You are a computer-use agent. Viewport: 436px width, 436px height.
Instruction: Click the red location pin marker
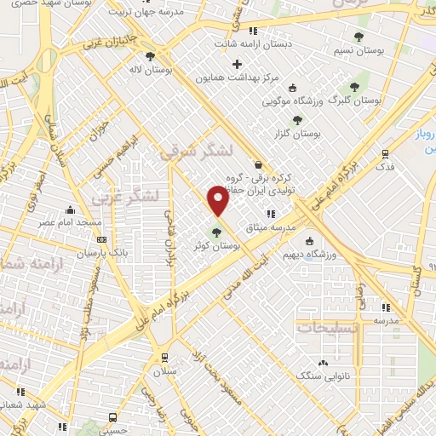pos(218,201)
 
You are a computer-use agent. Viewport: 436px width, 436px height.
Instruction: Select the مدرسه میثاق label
pos(294,227)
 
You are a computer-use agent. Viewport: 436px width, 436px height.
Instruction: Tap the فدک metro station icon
pos(387,154)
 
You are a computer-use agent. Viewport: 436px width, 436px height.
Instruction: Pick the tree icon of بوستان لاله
pos(150,57)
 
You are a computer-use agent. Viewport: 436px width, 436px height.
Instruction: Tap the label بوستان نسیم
pos(381,51)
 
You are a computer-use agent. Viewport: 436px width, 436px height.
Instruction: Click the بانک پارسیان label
pos(101,254)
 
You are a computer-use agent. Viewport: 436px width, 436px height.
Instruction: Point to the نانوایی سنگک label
pos(316,375)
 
